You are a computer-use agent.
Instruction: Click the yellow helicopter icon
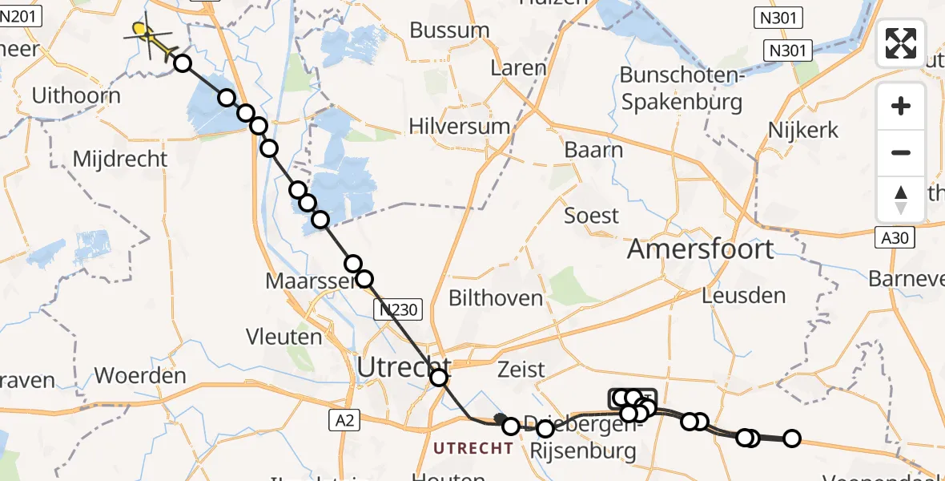click(147, 34)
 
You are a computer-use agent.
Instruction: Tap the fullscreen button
click(901, 42)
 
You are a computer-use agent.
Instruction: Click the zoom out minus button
click(901, 152)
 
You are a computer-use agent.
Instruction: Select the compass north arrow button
click(901, 199)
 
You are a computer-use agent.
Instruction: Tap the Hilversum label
click(459, 126)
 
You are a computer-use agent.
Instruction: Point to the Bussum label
click(449, 30)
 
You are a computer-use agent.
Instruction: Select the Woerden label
click(140, 375)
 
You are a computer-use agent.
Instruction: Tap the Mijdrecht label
click(120, 159)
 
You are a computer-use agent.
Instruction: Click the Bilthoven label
click(496, 298)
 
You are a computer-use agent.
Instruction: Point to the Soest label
click(592, 215)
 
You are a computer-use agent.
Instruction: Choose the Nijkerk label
click(802, 130)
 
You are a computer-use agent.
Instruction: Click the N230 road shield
click(398, 309)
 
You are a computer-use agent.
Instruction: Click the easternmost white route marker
click(792, 439)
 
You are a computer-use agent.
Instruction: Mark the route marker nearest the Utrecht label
click(439, 378)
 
